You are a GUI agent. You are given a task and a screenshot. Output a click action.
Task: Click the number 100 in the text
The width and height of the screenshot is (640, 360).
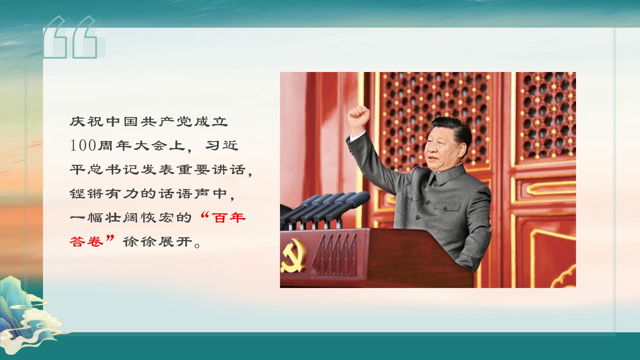point(83,146)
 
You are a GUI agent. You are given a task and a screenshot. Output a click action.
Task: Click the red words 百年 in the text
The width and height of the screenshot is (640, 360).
point(230,218)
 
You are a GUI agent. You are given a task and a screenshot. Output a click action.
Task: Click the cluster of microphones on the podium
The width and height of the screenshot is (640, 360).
point(325,210)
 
